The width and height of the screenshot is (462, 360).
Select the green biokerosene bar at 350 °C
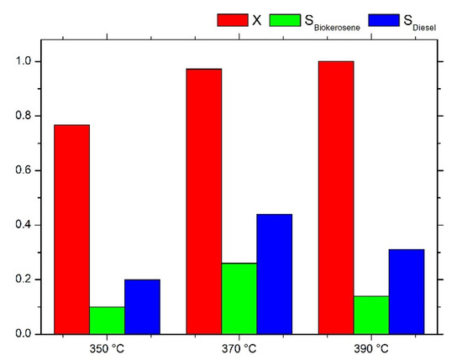point(107,320)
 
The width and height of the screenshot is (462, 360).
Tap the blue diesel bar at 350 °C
point(142,306)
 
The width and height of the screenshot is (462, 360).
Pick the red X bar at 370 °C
point(204,201)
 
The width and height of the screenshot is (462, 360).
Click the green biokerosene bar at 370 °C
point(239,298)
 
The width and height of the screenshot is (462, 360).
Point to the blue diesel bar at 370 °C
point(275,274)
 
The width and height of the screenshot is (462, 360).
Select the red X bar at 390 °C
point(336,197)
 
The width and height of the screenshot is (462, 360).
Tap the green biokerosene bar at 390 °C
point(371,315)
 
